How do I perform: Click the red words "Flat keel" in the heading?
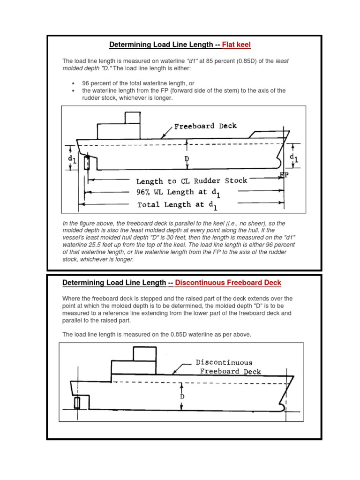tap(236, 45)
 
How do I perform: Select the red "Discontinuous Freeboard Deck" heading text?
tap(228, 283)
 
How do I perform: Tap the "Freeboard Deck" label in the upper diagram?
tap(205, 126)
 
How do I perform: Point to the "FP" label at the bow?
tap(284, 175)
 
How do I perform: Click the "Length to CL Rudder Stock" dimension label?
tap(191, 180)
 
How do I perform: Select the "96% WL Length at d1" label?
tap(179, 192)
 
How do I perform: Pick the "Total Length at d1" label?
tap(178, 205)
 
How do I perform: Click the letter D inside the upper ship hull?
tap(187, 159)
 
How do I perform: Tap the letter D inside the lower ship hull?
tap(182, 397)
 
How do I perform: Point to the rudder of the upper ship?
tap(86, 163)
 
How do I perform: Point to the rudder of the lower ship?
tap(77, 402)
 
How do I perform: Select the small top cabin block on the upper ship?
tap(132, 117)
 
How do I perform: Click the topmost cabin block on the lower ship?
tap(144, 353)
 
